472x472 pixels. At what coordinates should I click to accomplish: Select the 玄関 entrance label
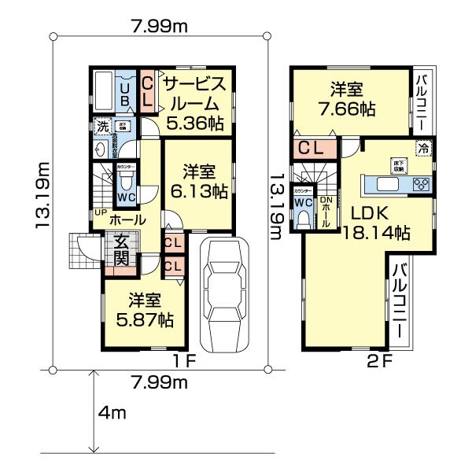tap(122, 251)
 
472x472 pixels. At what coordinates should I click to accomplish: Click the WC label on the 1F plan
tap(126, 196)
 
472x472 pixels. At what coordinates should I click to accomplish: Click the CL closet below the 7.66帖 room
tap(313, 147)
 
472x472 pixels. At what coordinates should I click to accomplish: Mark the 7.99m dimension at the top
tap(159, 27)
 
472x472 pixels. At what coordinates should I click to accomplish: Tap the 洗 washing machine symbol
tap(101, 126)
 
